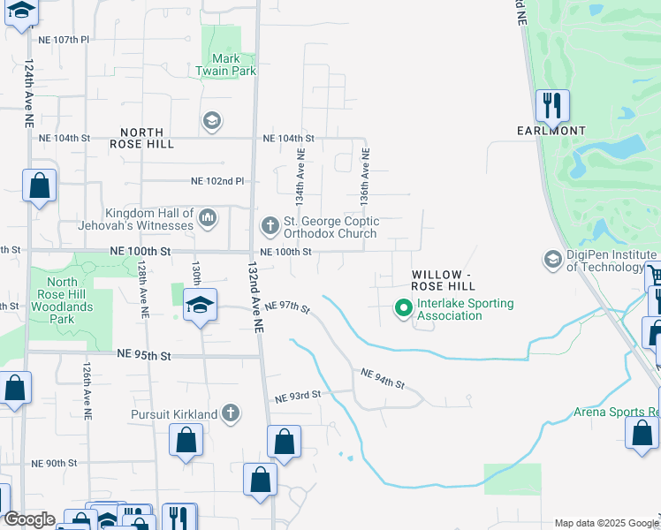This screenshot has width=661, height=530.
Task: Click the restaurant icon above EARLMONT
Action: pos(552,106)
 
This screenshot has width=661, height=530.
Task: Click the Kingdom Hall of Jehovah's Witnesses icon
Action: pos(208,217)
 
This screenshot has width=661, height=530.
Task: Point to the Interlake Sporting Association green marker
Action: pos(403,309)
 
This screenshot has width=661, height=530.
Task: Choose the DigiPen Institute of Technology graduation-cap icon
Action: pos(553,260)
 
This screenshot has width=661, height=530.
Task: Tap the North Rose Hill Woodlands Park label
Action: pos(62,300)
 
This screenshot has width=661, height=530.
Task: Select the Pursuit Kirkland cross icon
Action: pos(231,413)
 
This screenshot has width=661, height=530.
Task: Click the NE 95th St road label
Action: pos(143,355)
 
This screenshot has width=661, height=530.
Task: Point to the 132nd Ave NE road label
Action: pos(255,297)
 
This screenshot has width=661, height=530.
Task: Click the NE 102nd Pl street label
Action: pos(217,181)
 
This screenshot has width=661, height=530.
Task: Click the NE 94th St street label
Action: pos(383,380)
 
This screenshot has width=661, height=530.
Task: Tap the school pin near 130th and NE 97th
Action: pos(200,306)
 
